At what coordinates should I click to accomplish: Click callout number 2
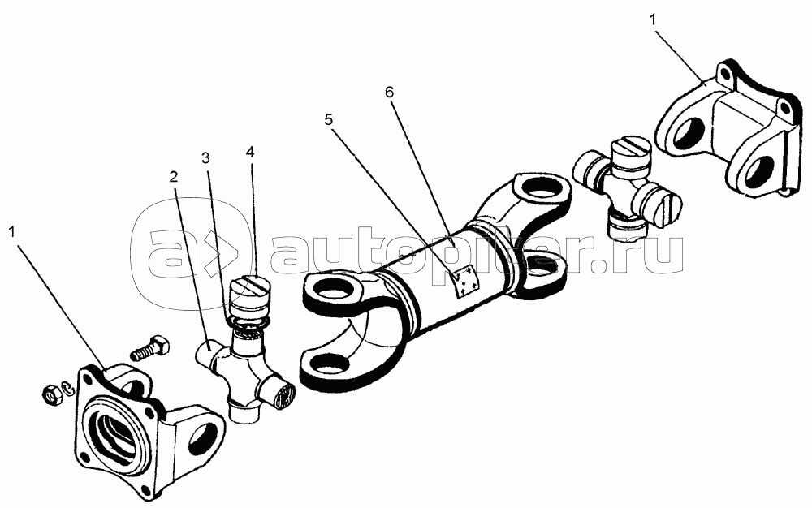[x=174, y=178]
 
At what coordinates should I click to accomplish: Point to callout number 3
[x=206, y=157]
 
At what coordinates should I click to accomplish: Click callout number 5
[x=329, y=119]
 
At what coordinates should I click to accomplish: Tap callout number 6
[x=390, y=92]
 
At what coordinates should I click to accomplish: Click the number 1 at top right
[x=653, y=19]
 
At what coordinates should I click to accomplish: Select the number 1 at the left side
[x=12, y=232]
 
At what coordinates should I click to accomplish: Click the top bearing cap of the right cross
[x=630, y=152]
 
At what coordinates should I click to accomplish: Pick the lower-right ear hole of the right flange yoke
[x=758, y=172]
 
